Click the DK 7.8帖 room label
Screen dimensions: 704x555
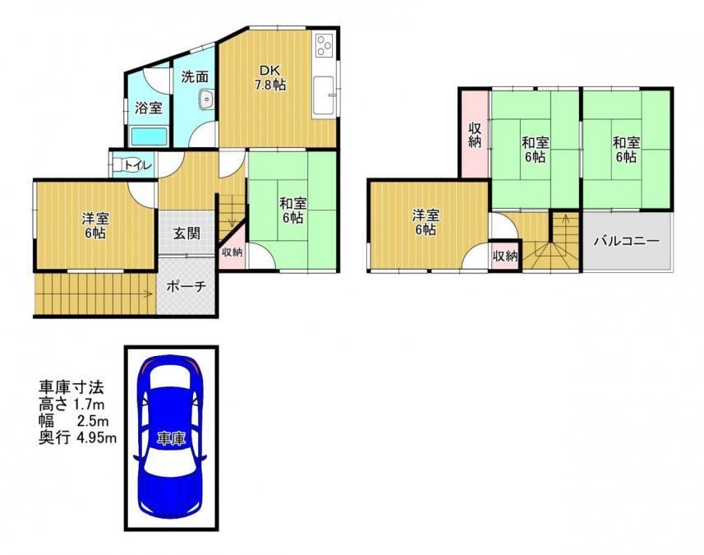[x=270, y=78]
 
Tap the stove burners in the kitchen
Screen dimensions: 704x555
[x=324, y=45]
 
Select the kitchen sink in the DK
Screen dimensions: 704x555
[x=324, y=95]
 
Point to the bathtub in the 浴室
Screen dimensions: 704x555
[x=149, y=136]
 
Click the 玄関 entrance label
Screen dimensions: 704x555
[x=186, y=234]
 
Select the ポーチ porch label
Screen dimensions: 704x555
[x=186, y=286]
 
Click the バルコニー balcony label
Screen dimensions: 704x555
[x=627, y=241]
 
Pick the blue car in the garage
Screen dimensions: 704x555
[x=171, y=437]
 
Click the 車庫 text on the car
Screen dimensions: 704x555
[x=171, y=438]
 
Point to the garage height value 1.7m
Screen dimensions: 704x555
[x=89, y=404]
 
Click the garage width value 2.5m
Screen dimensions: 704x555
[x=93, y=421]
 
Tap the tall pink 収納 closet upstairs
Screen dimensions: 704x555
[x=475, y=134]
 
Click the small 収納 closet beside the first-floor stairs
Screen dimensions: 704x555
[x=232, y=252]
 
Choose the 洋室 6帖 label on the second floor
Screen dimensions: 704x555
[x=426, y=223]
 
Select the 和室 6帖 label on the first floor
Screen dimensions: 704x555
[x=292, y=210]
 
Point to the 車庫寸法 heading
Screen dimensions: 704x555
[x=71, y=387]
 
